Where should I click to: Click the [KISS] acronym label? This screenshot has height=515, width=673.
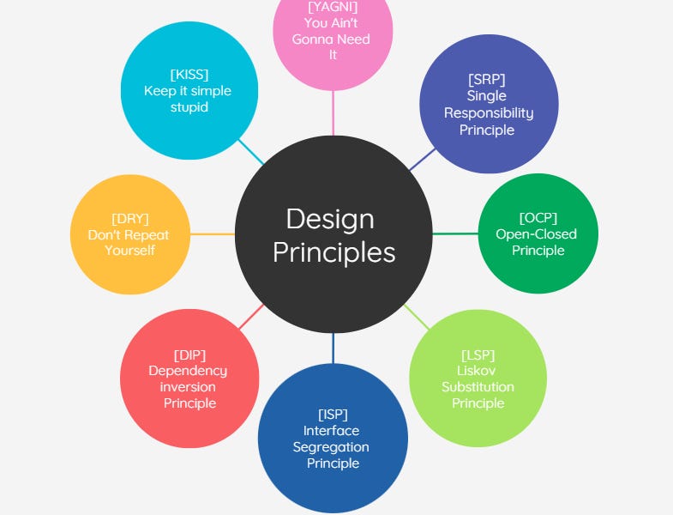click(189, 74)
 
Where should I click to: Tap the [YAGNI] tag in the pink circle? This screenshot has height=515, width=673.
click(332, 7)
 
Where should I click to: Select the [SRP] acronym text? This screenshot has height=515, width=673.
click(487, 79)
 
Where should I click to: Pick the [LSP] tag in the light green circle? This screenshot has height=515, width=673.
click(478, 354)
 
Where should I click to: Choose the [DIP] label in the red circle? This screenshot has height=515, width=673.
click(189, 354)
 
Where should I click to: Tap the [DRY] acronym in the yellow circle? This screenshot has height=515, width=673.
click(130, 218)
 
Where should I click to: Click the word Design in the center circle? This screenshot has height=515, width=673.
click(330, 219)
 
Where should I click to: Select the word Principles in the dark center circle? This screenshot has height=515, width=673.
click(334, 252)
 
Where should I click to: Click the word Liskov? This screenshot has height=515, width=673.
click(478, 371)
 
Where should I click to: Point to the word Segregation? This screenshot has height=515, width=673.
click(331, 447)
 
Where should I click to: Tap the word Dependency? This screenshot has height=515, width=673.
click(188, 371)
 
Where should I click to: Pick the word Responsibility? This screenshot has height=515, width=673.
click(489, 113)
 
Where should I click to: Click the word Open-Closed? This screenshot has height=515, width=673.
click(537, 234)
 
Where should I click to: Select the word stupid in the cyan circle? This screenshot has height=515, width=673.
click(189, 108)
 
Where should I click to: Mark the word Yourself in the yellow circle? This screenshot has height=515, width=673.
click(130, 251)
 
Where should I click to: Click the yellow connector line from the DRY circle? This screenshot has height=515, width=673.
click(212, 233)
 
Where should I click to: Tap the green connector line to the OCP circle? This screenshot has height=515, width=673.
click(455, 233)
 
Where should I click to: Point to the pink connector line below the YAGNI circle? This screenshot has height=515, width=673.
click(333, 113)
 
